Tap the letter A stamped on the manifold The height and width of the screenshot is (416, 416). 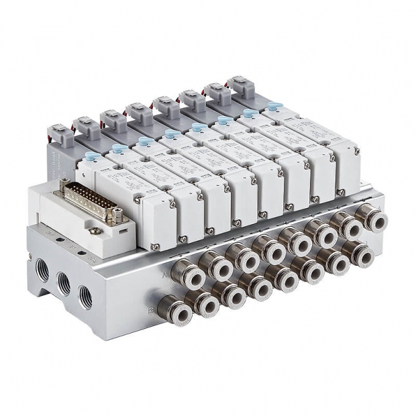[x=165, y=274]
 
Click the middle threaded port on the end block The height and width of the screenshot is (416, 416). [x=64, y=284]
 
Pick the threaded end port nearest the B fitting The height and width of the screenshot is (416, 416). [x=86, y=297]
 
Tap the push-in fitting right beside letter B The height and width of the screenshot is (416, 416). [x=172, y=309]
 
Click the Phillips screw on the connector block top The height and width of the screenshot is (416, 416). [x=96, y=230]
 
